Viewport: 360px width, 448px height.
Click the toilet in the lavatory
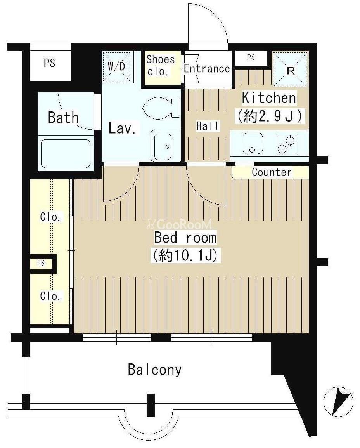point(161,108)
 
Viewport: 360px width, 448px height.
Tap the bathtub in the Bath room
point(66,154)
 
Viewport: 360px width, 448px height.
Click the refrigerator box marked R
point(290,69)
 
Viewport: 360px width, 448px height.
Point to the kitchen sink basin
point(253,143)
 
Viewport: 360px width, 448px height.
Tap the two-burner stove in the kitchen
point(287,144)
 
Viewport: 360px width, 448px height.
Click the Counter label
point(272,172)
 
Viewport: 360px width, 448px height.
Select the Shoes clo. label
point(160,66)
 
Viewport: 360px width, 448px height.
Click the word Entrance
point(207,69)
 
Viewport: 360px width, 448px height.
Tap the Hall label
point(208,126)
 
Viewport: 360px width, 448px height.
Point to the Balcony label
point(155,370)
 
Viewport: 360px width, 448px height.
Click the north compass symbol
point(338,401)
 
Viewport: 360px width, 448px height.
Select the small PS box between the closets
point(42,262)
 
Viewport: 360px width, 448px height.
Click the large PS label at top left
point(49,63)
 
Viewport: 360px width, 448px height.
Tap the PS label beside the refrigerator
point(251,57)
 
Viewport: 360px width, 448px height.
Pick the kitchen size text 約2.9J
point(269,116)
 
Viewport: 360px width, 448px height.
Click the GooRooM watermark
point(179,224)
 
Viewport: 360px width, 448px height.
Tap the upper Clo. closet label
point(50,217)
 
